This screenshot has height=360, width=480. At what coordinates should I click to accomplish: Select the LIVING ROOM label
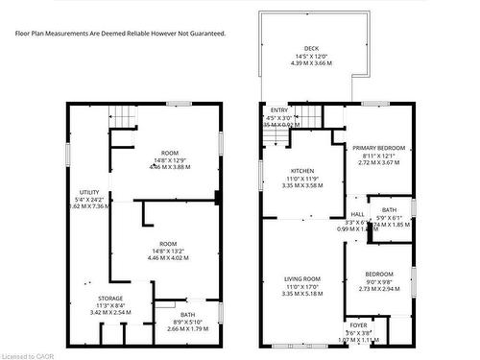pos(302,279)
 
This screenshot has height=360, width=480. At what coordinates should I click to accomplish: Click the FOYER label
pos(357,324)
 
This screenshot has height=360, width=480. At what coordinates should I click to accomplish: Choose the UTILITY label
pos(89,192)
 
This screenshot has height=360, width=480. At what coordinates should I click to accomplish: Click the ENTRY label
pos(279,109)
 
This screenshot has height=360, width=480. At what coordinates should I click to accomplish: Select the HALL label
pos(357,214)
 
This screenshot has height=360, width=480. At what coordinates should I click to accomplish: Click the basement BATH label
pos(187,314)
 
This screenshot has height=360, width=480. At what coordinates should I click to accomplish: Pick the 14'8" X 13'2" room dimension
pos(170,250)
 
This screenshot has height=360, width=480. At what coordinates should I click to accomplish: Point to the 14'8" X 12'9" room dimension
pos(170,159)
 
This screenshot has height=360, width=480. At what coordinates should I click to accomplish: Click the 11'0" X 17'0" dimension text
pos(302,287)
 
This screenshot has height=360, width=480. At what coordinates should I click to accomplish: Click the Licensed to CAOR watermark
pos(27,354)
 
